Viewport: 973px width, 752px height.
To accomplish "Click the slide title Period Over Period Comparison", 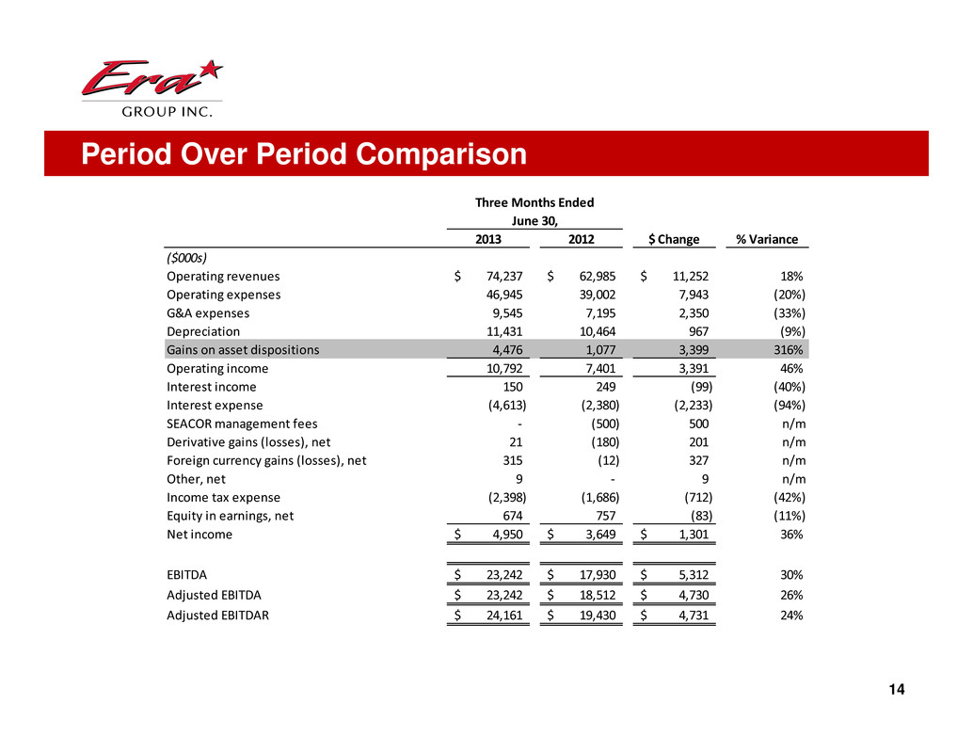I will click(x=303, y=154).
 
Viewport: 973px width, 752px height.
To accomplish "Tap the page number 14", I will click(x=895, y=690).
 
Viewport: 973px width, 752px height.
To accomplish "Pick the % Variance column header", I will click(x=766, y=239).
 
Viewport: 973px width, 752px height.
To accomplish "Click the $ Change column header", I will click(x=675, y=239).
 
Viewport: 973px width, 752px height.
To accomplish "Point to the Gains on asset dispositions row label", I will click(x=242, y=350).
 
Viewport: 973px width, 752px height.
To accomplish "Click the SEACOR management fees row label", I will click(x=241, y=424).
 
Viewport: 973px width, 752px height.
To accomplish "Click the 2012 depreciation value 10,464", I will click(x=594, y=331).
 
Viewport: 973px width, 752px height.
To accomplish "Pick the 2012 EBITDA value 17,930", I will click(x=594, y=575).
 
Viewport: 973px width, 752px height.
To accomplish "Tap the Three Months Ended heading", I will click(x=534, y=202).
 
